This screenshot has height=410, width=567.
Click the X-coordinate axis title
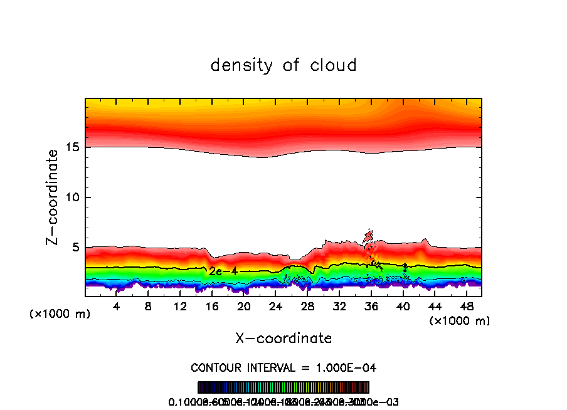point(283,339)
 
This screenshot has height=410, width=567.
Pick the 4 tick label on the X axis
point(117,307)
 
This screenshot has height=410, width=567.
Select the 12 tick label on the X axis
point(180,307)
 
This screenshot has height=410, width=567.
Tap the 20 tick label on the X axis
point(244,307)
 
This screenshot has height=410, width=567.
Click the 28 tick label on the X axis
point(307,307)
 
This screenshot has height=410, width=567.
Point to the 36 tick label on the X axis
point(371,307)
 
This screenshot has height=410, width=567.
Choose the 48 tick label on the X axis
point(466,307)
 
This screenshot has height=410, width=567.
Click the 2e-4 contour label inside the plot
point(223,271)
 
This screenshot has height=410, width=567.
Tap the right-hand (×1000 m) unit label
point(459,321)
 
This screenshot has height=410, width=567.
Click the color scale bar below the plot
point(283,387)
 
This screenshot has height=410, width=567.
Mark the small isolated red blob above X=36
point(369,236)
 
